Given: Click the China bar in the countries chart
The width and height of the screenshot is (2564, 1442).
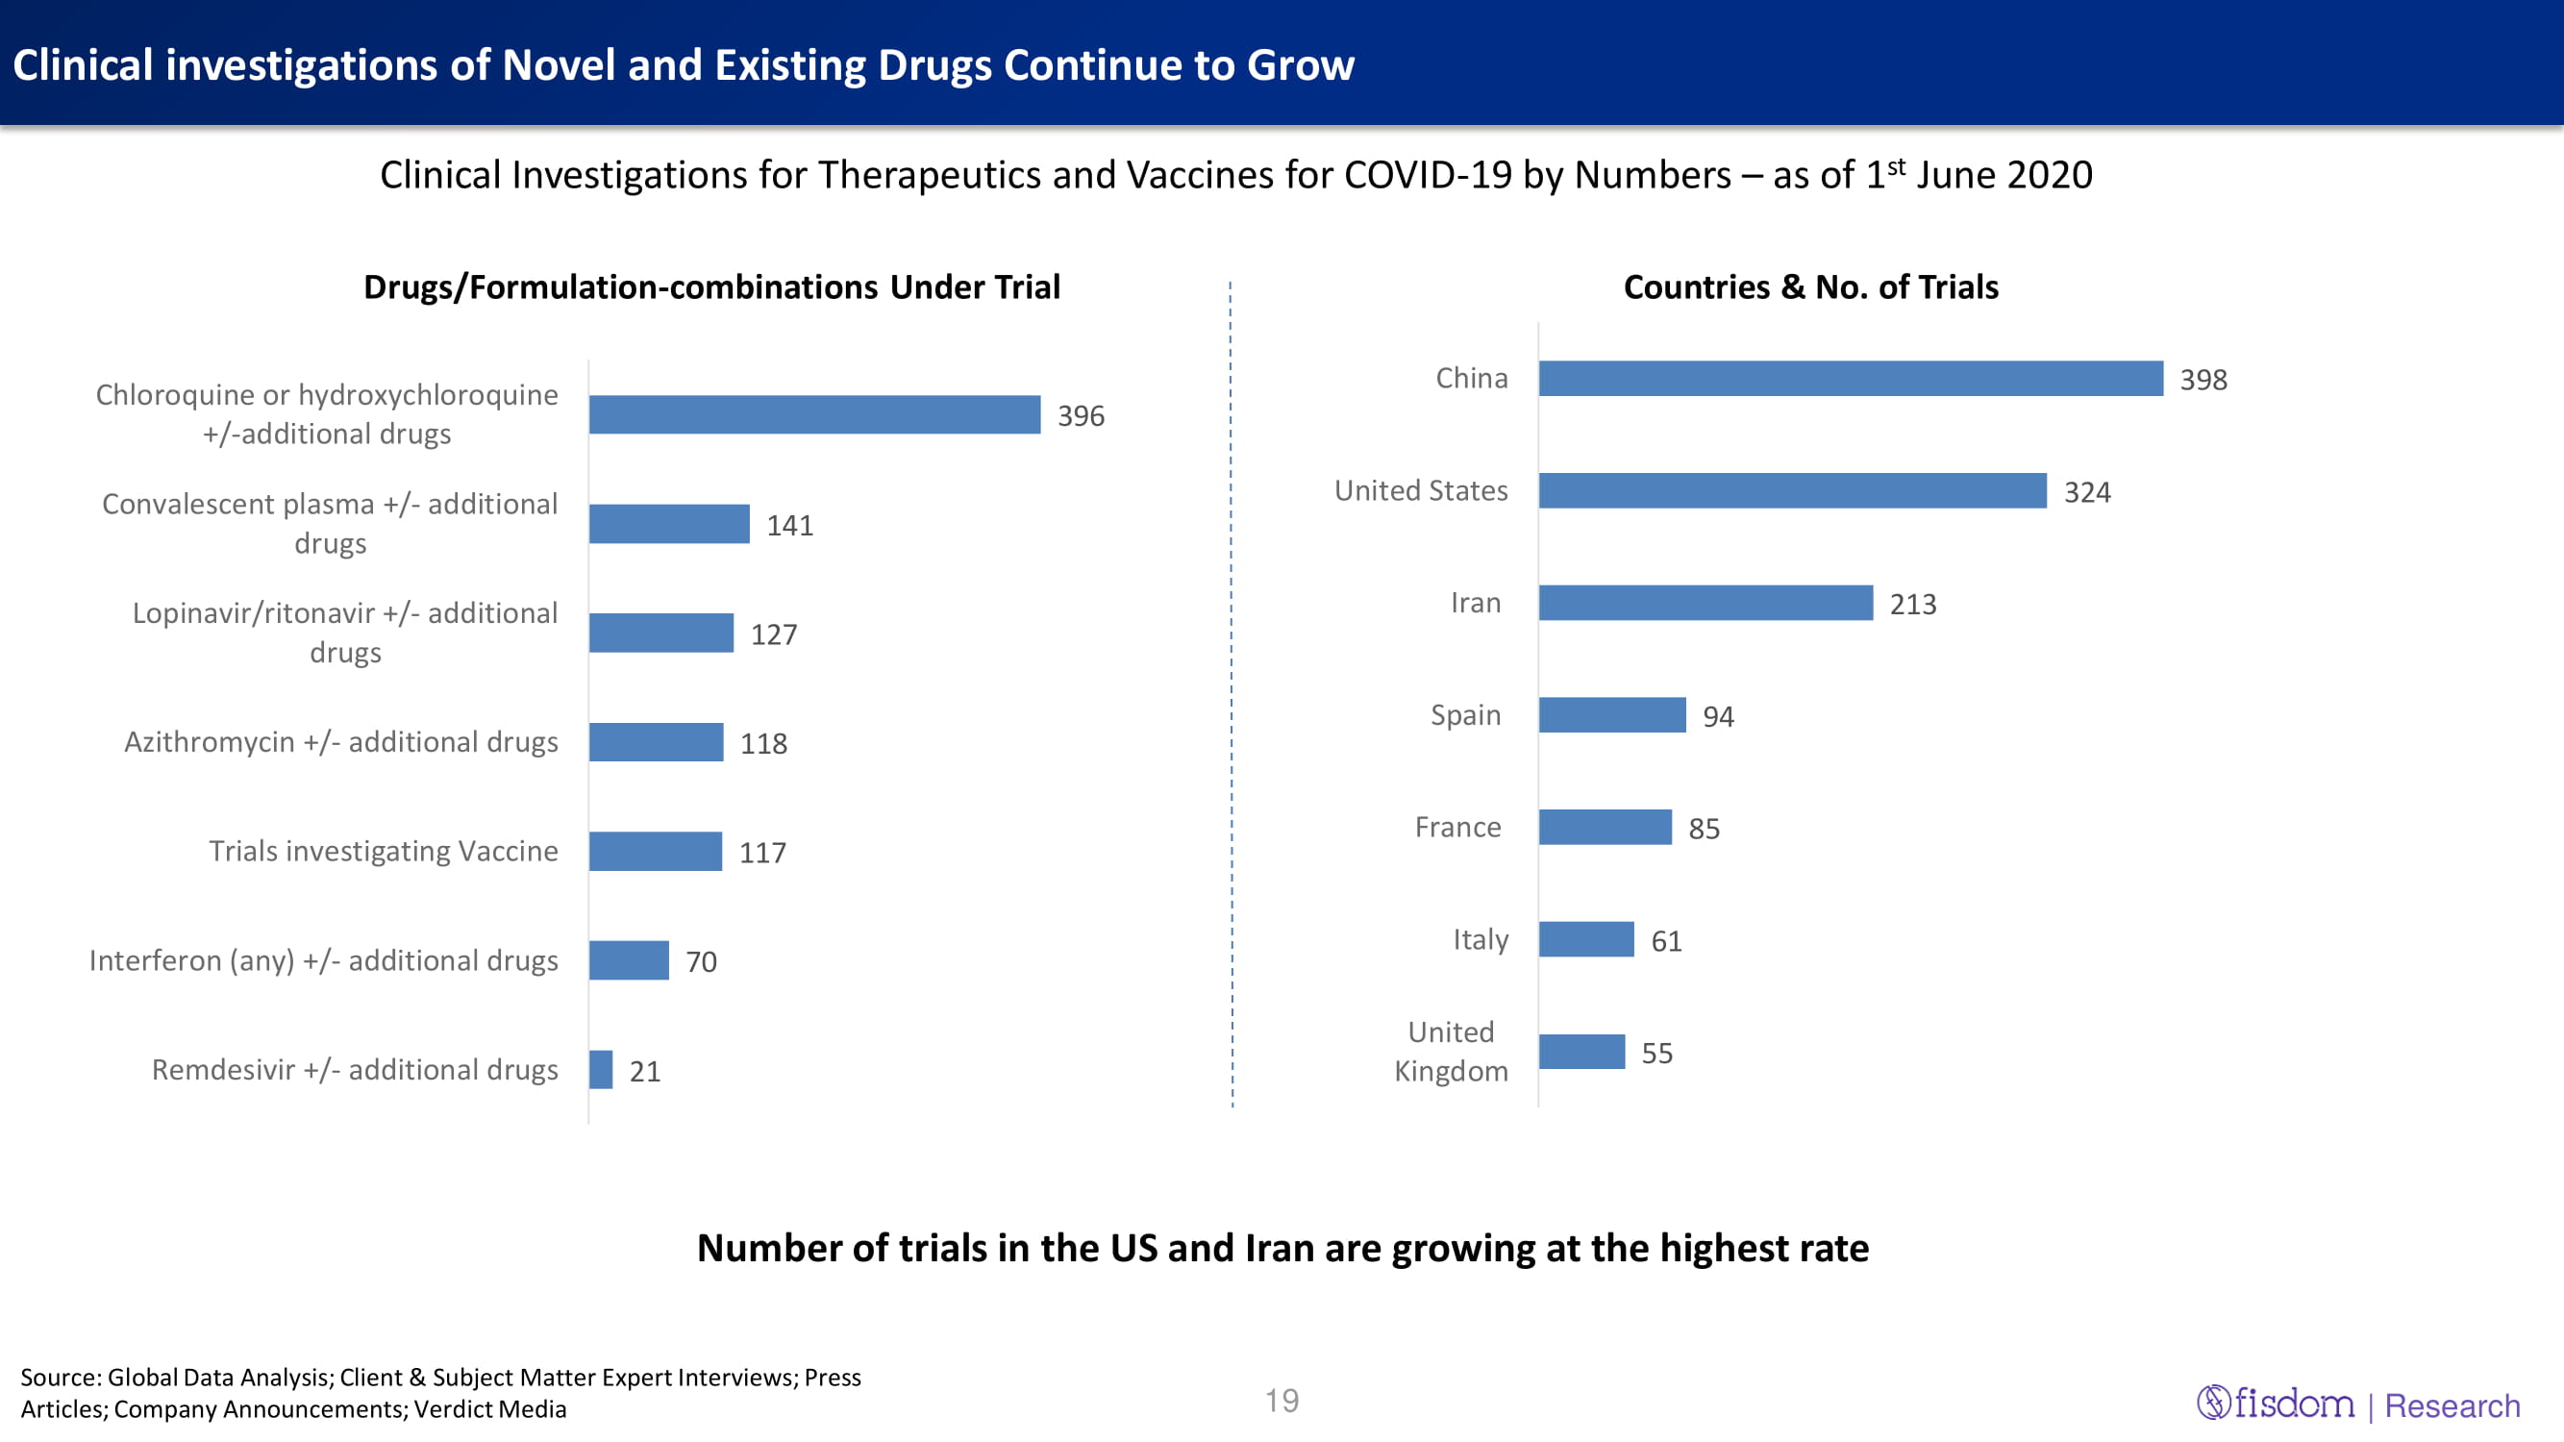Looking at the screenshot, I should pyautogui.click(x=1850, y=378).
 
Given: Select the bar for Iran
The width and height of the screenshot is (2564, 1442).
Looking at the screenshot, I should pyautogui.click(x=1705, y=603).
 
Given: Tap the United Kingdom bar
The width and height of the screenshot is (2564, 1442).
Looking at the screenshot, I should pyautogui.click(x=1581, y=1052).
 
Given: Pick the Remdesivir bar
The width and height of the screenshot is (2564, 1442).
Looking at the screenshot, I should pyautogui.click(x=600, y=1070).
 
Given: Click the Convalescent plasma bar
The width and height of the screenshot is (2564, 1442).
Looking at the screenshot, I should pyautogui.click(x=669, y=524).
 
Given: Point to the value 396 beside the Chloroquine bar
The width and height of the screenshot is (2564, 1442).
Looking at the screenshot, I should pyautogui.click(x=1080, y=416).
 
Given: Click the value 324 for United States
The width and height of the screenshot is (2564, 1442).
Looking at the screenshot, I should pyautogui.click(x=2086, y=492).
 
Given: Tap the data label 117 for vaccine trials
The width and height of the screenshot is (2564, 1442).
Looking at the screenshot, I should pyautogui.click(x=761, y=853).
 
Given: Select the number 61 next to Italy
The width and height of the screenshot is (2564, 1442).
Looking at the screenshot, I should pyautogui.click(x=1665, y=941).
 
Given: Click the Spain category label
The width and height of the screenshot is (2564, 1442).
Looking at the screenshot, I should pyautogui.click(x=1465, y=715).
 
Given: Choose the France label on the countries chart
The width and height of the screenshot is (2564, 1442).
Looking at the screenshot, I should pyautogui.click(x=1457, y=828).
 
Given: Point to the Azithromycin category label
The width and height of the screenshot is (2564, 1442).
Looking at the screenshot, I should pyautogui.click(x=340, y=742).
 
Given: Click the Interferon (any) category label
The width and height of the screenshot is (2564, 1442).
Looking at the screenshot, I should pyautogui.click(x=322, y=961).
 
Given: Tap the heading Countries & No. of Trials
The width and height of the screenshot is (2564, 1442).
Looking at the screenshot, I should pyautogui.click(x=1809, y=287).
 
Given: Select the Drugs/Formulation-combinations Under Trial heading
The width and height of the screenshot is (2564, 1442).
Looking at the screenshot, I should pyautogui.click(x=710, y=287).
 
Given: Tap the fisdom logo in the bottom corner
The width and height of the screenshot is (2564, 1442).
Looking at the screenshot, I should pyautogui.click(x=2276, y=1404).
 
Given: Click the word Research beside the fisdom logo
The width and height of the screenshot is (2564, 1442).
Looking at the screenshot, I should pyautogui.click(x=2452, y=1406).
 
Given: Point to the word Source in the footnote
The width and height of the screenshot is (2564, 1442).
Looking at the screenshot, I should pyautogui.click(x=60, y=1378).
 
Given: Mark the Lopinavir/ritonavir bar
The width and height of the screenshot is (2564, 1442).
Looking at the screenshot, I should pyautogui.click(x=660, y=633).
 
